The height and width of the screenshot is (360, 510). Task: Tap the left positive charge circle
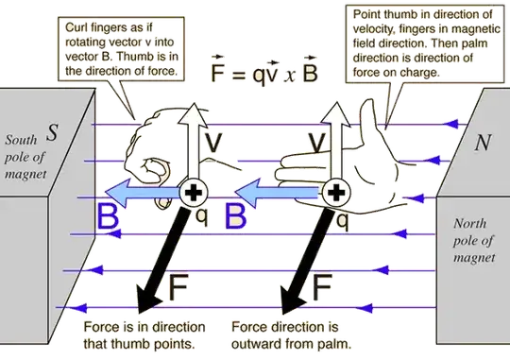coord(194,194)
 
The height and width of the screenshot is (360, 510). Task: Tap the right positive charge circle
coord(333,194)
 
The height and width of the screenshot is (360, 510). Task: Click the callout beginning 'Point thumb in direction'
coord(420,42)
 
